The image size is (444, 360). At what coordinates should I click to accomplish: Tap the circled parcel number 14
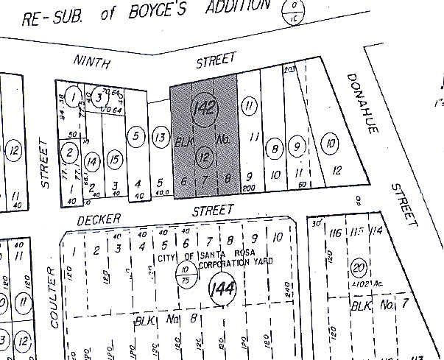(x=91, y=161)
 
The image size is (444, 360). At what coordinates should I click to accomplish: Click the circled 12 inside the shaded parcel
(x=206, y=155)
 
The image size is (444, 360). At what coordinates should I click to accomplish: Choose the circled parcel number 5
(x=135, y=135)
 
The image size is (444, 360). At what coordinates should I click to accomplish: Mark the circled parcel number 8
(x=274, y=147)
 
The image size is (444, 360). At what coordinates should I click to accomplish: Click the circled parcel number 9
(x=297, y=146)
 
